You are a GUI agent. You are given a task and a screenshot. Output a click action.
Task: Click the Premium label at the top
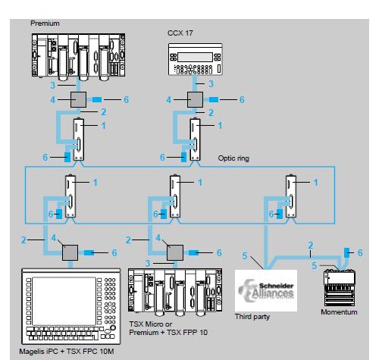point(44,23)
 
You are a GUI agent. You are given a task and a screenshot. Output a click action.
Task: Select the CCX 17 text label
point(179,34)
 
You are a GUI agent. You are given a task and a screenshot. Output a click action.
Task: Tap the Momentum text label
point(339,311)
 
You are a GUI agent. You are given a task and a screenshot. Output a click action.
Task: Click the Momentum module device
point(339,288)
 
